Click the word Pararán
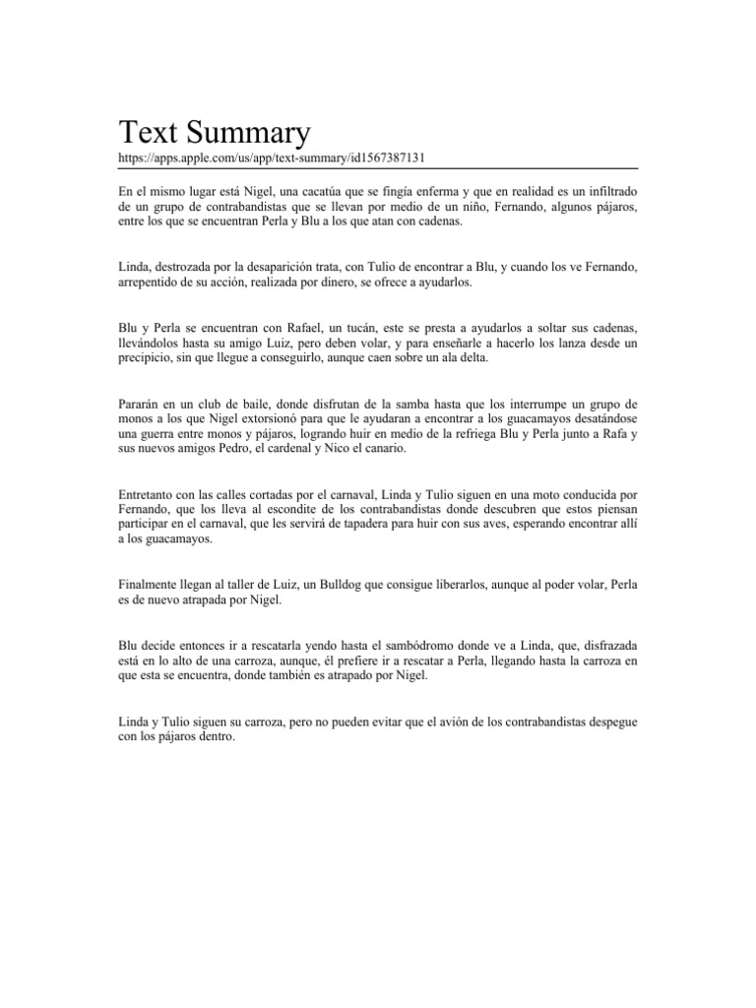coord(144,404)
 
